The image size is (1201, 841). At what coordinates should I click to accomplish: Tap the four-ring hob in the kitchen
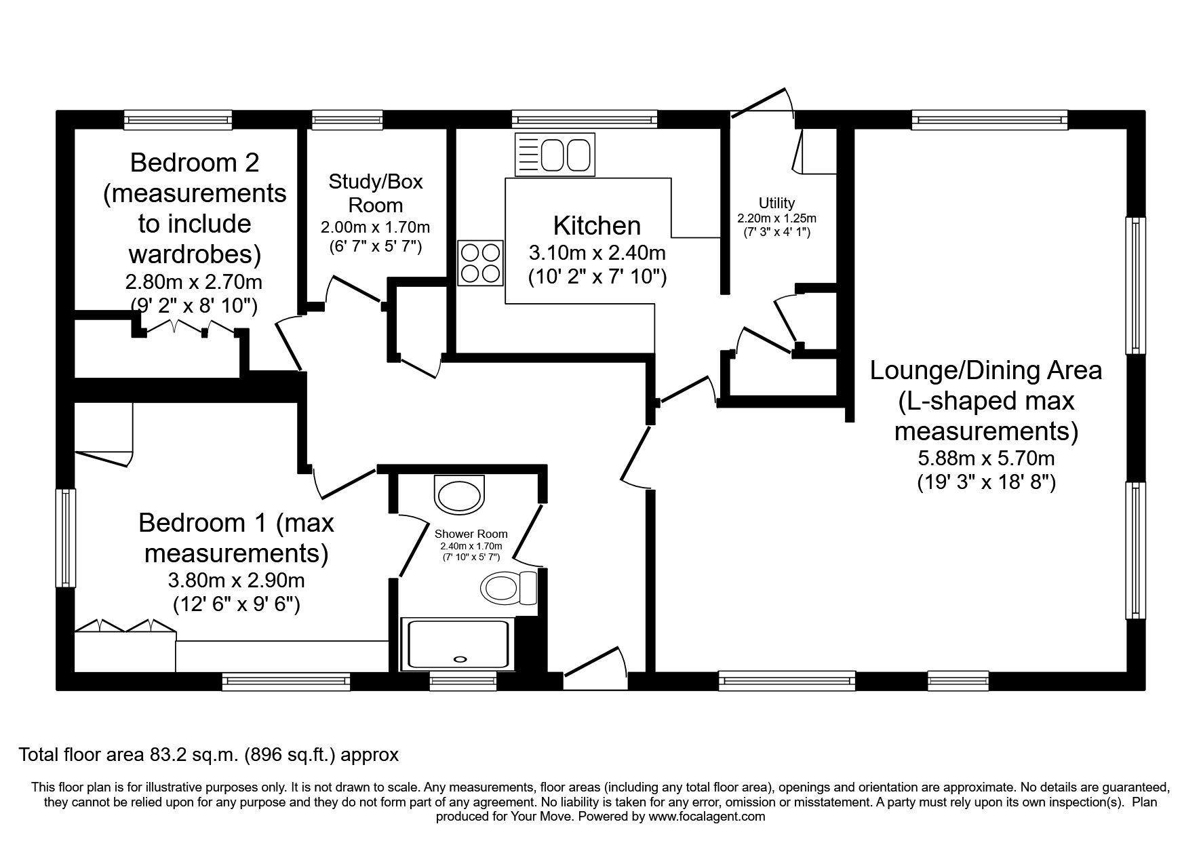tap(481, 263)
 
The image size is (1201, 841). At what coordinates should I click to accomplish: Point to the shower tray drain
tap(460, 658)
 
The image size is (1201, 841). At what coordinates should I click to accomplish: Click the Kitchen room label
tap(597, 225)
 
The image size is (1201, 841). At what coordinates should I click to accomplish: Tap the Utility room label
tap(776, 203)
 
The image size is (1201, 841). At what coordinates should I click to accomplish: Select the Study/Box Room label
tap(375, 193)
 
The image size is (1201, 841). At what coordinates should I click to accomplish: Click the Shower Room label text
tap(471, 534)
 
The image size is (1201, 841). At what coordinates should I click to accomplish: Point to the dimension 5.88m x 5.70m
tap(986, 458)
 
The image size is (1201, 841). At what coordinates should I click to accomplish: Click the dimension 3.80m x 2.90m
tap(236, 581)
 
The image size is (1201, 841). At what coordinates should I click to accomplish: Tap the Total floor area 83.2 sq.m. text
tap(208, 754)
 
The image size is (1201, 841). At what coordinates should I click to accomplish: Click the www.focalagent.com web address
tap(706, 817)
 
